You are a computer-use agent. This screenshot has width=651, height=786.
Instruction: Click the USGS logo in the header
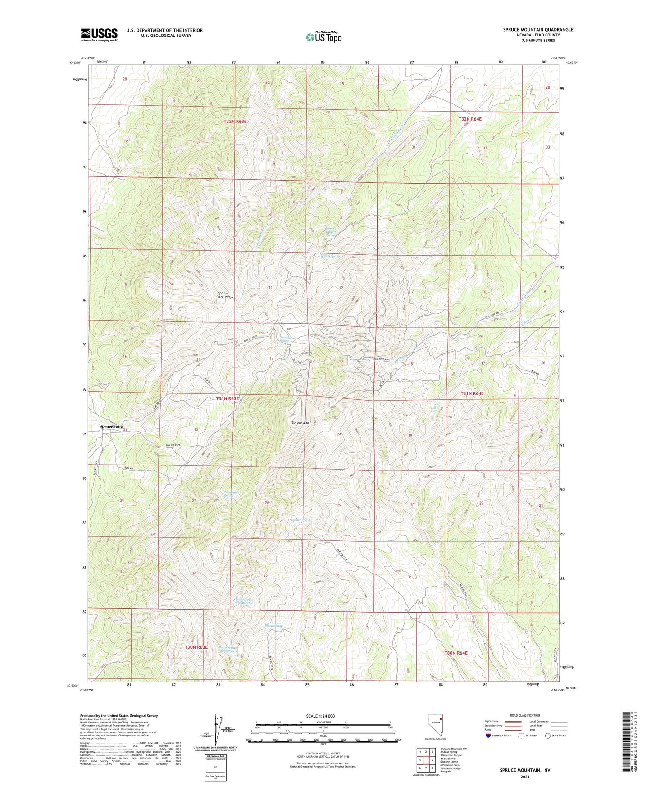tap(99, 35)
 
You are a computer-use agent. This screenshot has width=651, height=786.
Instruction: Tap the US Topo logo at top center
tap(323, 37)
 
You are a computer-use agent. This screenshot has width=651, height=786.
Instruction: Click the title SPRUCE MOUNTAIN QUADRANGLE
tap(538, 30)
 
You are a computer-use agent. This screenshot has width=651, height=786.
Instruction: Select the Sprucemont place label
tap(111, 427)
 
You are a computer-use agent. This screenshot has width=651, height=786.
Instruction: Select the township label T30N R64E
tap(456, 652)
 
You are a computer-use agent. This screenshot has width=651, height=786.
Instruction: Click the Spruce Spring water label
tap(301, 520)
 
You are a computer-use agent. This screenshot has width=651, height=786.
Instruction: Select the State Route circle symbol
tap(548, 736)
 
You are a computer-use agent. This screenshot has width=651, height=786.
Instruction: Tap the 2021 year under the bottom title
tap(525, 777)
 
